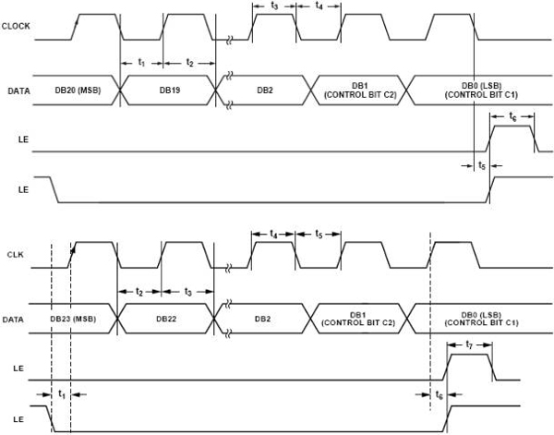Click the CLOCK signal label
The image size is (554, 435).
(x=16, y=26)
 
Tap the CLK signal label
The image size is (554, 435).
(x=16, y=255)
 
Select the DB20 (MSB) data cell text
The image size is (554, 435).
(x=78, y=91)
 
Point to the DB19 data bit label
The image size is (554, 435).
(x=170, y=91)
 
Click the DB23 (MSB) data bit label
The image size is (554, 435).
(x=73, y=319)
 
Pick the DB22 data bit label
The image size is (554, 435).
(x=166, y=319)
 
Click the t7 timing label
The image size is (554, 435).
(x=469, y=344)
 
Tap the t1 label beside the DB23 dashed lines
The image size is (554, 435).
(x=62, y=393)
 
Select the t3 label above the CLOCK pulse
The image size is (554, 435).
(x=274, y=6)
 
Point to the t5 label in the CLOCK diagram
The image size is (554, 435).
(x=482, y=165)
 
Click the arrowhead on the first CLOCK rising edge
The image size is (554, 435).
(x=77, y=22)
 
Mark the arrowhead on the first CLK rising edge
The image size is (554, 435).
(x=73, y=250)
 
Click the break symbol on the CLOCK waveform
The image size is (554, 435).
(x=229, y=40)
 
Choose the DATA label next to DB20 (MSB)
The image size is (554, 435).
(x=18, y=91)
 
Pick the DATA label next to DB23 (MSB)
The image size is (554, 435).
(x=13, y=320)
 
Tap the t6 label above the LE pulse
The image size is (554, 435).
(x=512, y=116)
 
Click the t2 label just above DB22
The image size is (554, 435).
(x=139, y=292)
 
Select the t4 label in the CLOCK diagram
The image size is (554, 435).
(x=319, y=6)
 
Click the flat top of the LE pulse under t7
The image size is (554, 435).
(x=470, y=355)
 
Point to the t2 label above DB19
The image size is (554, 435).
(x=189, y=63)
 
